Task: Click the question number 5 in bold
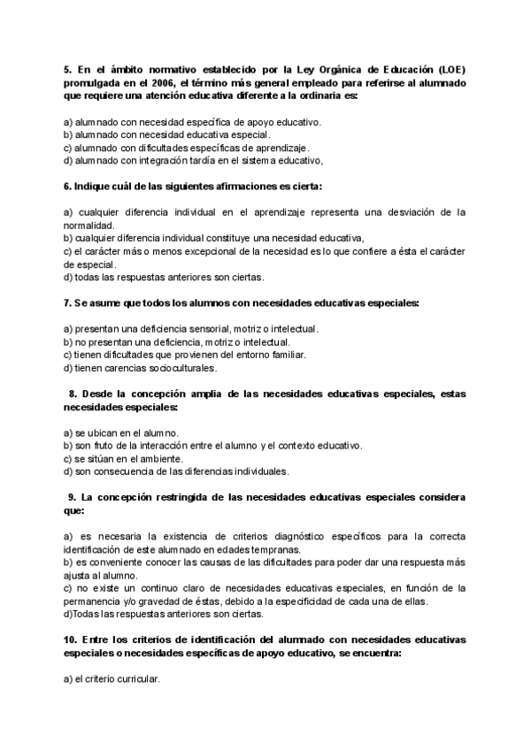coord(68,69)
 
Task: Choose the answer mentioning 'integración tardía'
coord(193,161)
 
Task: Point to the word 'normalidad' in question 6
coord(89,226)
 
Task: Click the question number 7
coord(68,303)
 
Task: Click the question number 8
coord(73,394)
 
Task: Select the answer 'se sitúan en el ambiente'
coord(124,458)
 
